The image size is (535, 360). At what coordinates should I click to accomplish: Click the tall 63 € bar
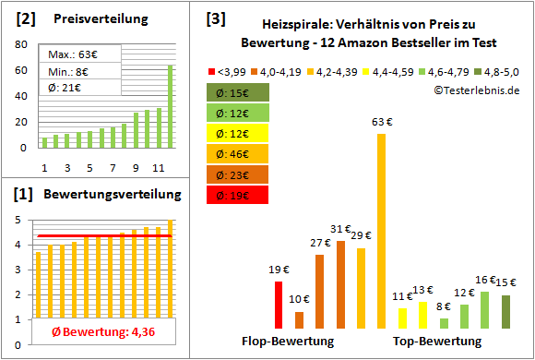click(381, 231)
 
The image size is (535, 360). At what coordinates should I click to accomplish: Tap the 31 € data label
click(340, 229)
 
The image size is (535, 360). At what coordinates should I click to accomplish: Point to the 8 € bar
click(444, 323)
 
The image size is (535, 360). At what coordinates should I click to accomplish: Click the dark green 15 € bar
click(505, 311)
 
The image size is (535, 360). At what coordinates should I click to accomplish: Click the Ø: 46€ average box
click(238, 154)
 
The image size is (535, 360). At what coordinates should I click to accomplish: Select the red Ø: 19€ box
click(238, 195)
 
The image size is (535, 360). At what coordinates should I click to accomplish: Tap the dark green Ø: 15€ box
click(238, 92)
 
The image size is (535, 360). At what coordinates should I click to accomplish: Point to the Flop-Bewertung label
click(288, 342)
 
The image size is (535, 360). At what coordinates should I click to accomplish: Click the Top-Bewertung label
click(437, 342)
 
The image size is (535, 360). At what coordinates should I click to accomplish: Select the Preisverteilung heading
click(99, 18)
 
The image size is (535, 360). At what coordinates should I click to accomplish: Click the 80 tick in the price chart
click(20, 43)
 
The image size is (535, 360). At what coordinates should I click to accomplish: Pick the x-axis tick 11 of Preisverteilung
click(158, 167)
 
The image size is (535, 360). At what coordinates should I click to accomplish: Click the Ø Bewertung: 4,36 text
click(96, 331)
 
